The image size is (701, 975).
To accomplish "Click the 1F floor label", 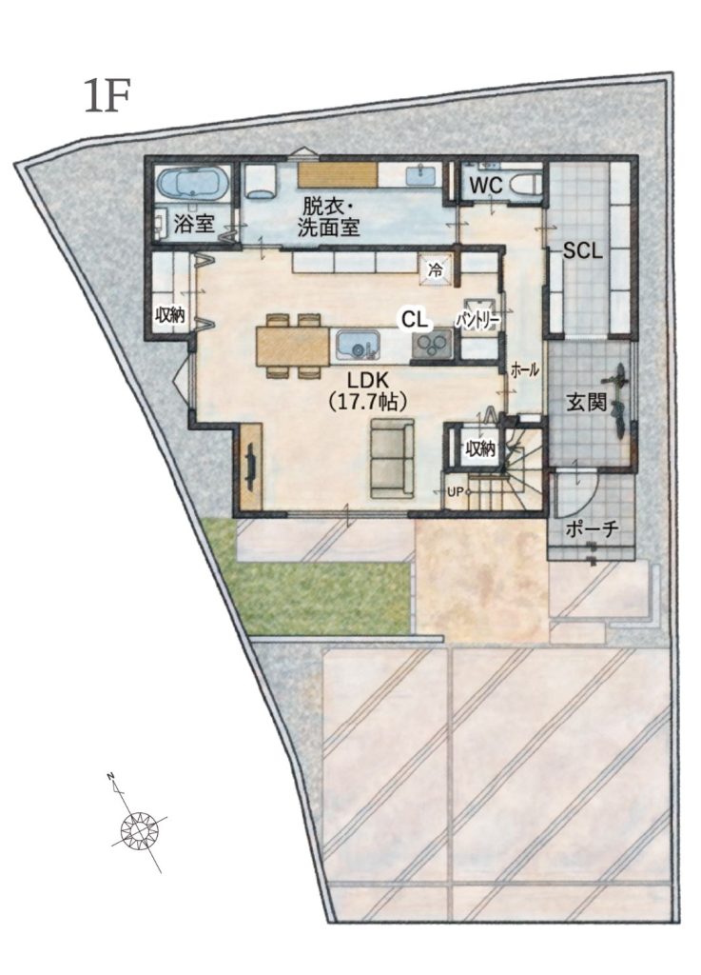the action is click(107, 96).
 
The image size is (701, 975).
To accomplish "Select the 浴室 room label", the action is click(194, 223).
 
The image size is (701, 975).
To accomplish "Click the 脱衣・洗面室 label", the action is click(328, 216).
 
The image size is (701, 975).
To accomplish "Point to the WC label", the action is click(485, 186).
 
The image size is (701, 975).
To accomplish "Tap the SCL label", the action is click(582, 250).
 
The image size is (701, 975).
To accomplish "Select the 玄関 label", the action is click(586, 403).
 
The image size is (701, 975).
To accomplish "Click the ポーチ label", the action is click(592, 528).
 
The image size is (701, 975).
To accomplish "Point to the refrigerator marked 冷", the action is click(437, 269).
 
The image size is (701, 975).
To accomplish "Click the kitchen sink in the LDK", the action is click(358, 345).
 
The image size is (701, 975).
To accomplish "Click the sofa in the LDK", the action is click(393, 458).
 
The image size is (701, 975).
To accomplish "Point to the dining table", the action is click(292, 346).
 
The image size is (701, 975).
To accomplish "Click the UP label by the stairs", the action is click(455, 492).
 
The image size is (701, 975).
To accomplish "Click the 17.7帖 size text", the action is click(367, 402).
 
